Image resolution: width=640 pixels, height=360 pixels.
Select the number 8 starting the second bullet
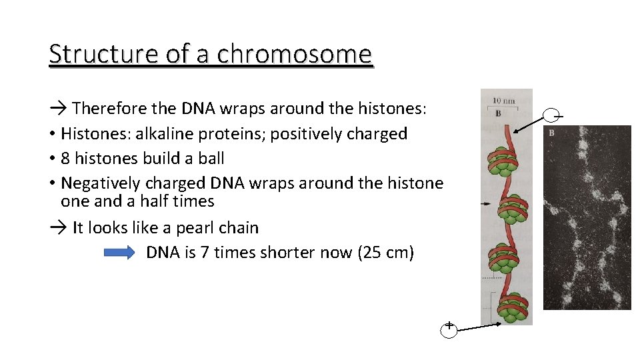pyautogui.click(x=65, y=159)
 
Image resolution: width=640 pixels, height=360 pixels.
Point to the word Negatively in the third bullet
pyautogui.click(x=101, y=183)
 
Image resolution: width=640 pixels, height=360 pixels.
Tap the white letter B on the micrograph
pyautogui.click(x=551, y=133)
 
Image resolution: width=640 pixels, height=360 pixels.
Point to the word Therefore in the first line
pyautogui.click(x=109, y=108)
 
